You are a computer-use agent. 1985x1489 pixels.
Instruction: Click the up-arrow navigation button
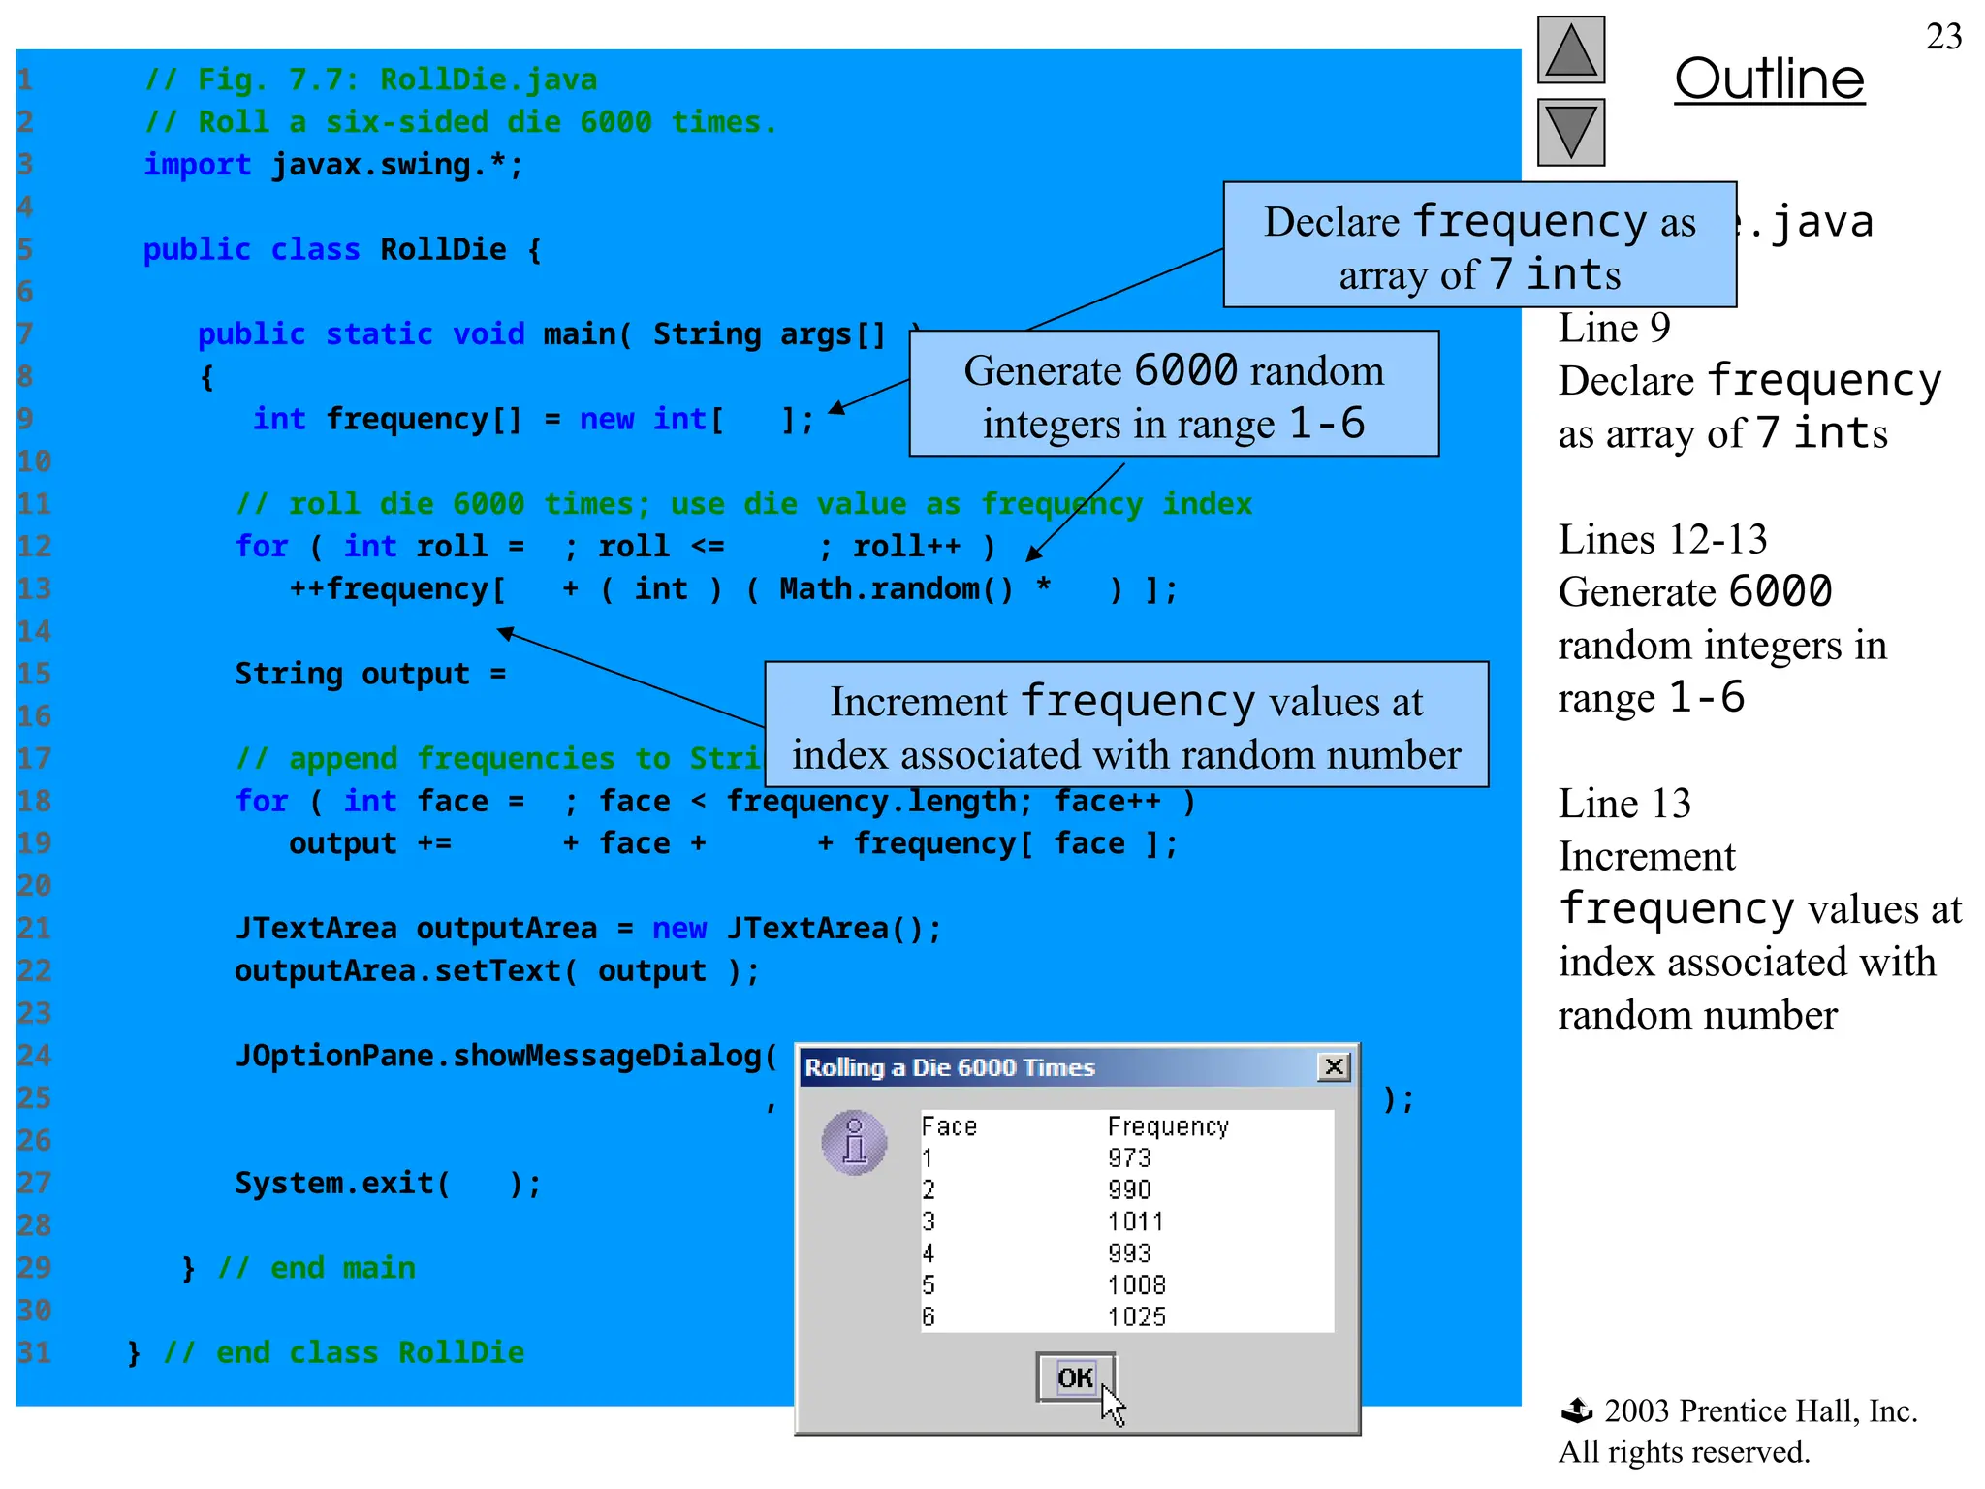tap(1570, 50)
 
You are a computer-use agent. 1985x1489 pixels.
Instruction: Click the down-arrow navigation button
tap(1570, 133)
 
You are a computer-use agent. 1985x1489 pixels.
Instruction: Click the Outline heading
tap(1769, 79)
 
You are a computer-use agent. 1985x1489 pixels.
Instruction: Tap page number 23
tap(1943, 37)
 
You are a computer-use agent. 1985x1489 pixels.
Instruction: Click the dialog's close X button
tap(1334, 1067)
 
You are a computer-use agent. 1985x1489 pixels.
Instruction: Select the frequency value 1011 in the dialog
tap(1135, 1221)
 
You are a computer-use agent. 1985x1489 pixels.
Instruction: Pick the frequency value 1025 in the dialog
tap(1136, 1316)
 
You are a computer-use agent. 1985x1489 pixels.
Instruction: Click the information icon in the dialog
tap(854, 1142)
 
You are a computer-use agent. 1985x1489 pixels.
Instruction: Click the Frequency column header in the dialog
tap(1168, 1126)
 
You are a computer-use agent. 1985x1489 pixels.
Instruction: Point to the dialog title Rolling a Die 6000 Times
tap(950, 1068)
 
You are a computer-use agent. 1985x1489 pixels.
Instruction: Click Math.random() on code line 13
tap(896, 589)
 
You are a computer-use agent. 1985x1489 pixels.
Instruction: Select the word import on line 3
tap(198, 165)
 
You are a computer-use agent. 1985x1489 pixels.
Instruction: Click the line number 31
tap(34, 1352)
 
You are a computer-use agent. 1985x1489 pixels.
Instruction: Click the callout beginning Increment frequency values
tap(1125, 727)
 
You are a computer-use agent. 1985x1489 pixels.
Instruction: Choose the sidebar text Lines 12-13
tap(1662, 540)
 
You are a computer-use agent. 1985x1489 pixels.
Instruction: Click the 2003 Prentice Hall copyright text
tap(1759, 1411)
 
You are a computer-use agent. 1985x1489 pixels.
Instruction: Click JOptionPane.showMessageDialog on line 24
tap(505, 1056)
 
